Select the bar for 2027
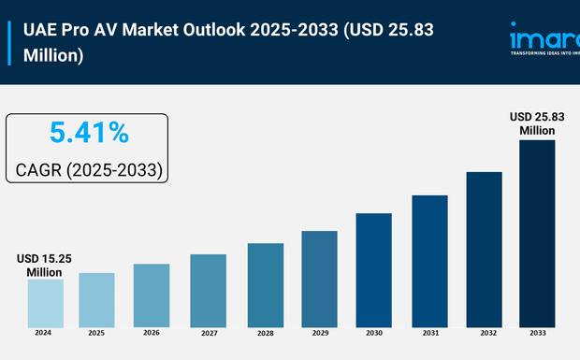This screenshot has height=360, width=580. (208, 291)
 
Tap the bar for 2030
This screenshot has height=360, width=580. (373, 270)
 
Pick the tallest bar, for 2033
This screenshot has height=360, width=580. (537, 234)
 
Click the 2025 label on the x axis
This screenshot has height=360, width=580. (96, 333)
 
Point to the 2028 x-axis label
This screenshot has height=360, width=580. (265, 333)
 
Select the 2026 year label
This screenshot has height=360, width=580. (152, 333)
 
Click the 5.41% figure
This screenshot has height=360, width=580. (89, 134)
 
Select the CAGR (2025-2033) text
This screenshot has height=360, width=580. (89, 170)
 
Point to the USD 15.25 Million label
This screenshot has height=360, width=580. (42, 265)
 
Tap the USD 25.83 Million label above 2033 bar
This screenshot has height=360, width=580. (538, 123)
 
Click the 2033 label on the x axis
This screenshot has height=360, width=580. (538, 333)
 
